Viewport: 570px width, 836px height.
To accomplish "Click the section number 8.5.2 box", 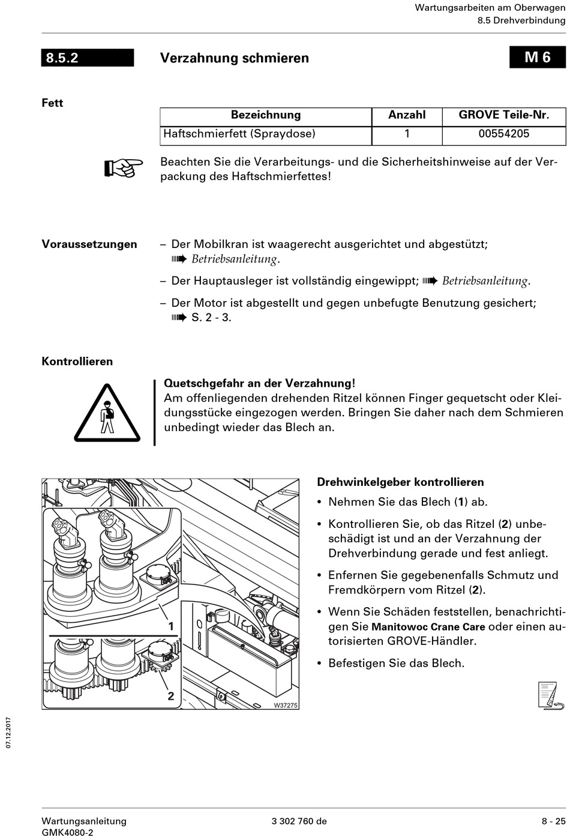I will (88, 58).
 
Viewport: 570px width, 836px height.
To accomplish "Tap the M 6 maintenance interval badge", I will (538, 57).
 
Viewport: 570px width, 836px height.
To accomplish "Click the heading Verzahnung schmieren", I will (235, 58).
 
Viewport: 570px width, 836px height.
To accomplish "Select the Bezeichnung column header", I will (266, 115).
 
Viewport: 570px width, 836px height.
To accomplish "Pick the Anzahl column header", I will (407, 115).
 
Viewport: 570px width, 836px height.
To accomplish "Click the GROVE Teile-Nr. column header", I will (503, 115).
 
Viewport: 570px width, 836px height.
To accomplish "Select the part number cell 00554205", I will (503, 134).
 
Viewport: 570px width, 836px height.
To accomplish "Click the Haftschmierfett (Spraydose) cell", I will (239, 134).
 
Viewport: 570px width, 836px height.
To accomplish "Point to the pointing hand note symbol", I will (124, 168).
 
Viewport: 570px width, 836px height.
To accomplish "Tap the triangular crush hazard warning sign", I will (107, 414).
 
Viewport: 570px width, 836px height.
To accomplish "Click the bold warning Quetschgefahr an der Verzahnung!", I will (259, 383).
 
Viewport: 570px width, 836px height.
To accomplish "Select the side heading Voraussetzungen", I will (89, 244).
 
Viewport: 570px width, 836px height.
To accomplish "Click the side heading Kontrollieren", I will (77, 362).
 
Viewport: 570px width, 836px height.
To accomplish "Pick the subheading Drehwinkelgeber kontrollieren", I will (400, 482).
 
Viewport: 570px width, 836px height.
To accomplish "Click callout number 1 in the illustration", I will (171, 626).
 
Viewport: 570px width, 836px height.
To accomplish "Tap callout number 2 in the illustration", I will (171, 695).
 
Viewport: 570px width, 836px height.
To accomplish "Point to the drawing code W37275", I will (286, 706).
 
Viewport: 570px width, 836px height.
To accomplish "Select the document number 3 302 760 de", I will (299, 822).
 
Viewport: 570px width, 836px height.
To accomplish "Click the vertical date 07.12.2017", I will (8, 732).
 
